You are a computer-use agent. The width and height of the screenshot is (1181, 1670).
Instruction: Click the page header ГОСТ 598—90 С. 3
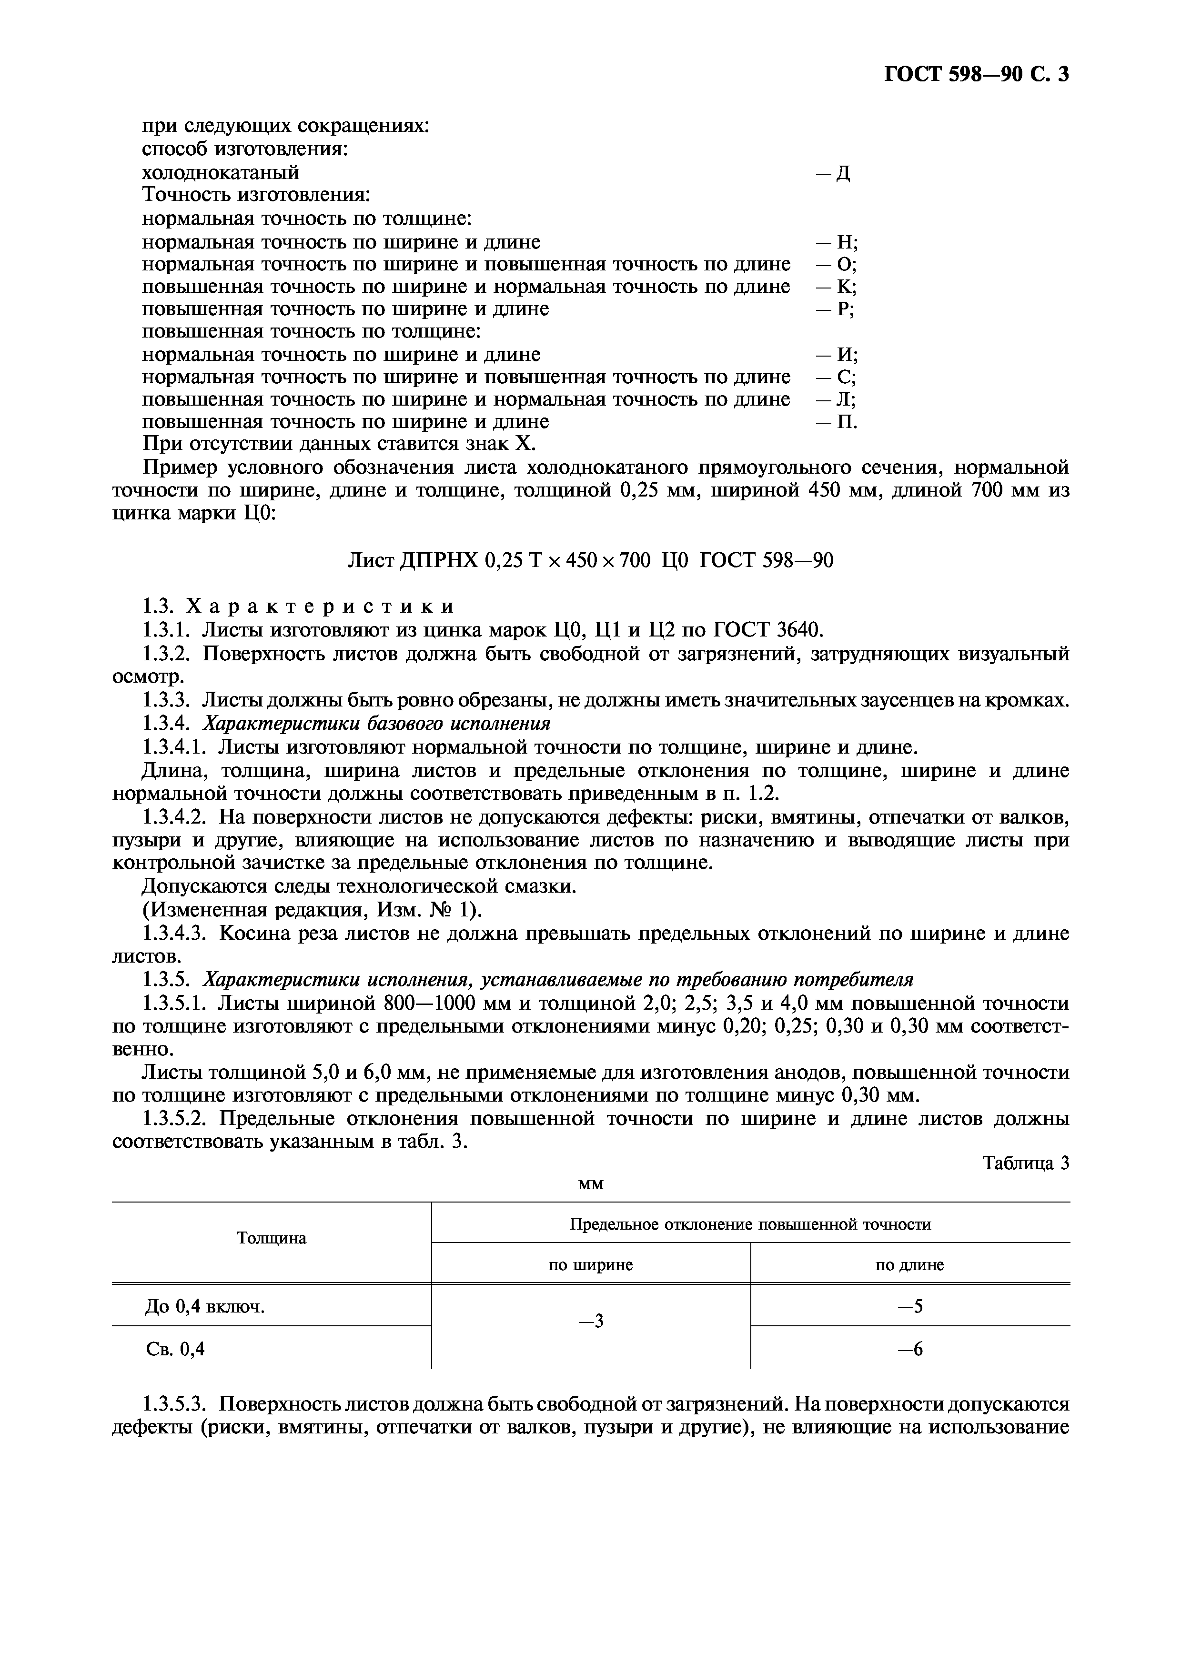[976, 74]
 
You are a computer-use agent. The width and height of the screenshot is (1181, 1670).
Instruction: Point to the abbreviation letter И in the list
[844, 355]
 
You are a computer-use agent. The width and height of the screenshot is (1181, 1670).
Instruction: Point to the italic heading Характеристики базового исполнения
[375, 724]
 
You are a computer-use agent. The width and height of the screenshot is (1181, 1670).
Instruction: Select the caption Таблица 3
[1026, 1163]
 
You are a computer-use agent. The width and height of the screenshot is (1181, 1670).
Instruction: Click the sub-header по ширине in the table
[590, 1265]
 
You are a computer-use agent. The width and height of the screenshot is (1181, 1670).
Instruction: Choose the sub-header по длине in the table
[909, 1265]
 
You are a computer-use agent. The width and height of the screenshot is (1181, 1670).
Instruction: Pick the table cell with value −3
[590, 1322]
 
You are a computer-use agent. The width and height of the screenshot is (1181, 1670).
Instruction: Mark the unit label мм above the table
[590, 1184]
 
